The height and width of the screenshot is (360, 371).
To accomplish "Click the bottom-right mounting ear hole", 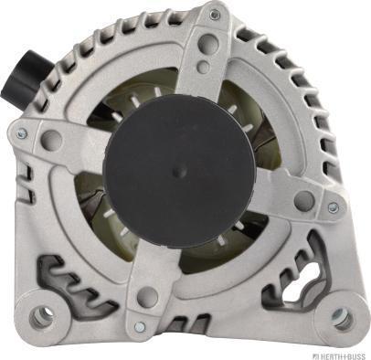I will point(340,317).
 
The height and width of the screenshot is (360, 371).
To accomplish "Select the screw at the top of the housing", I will point(215,16).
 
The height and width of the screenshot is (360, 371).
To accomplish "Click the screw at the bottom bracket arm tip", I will point(139,325).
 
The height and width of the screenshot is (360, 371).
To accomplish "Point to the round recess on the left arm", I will point(52,141).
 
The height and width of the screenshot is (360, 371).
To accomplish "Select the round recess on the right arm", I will point(303,200).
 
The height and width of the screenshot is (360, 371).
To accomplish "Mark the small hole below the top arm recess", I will point(203,67).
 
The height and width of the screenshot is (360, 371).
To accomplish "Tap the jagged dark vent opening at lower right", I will point(292,279).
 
